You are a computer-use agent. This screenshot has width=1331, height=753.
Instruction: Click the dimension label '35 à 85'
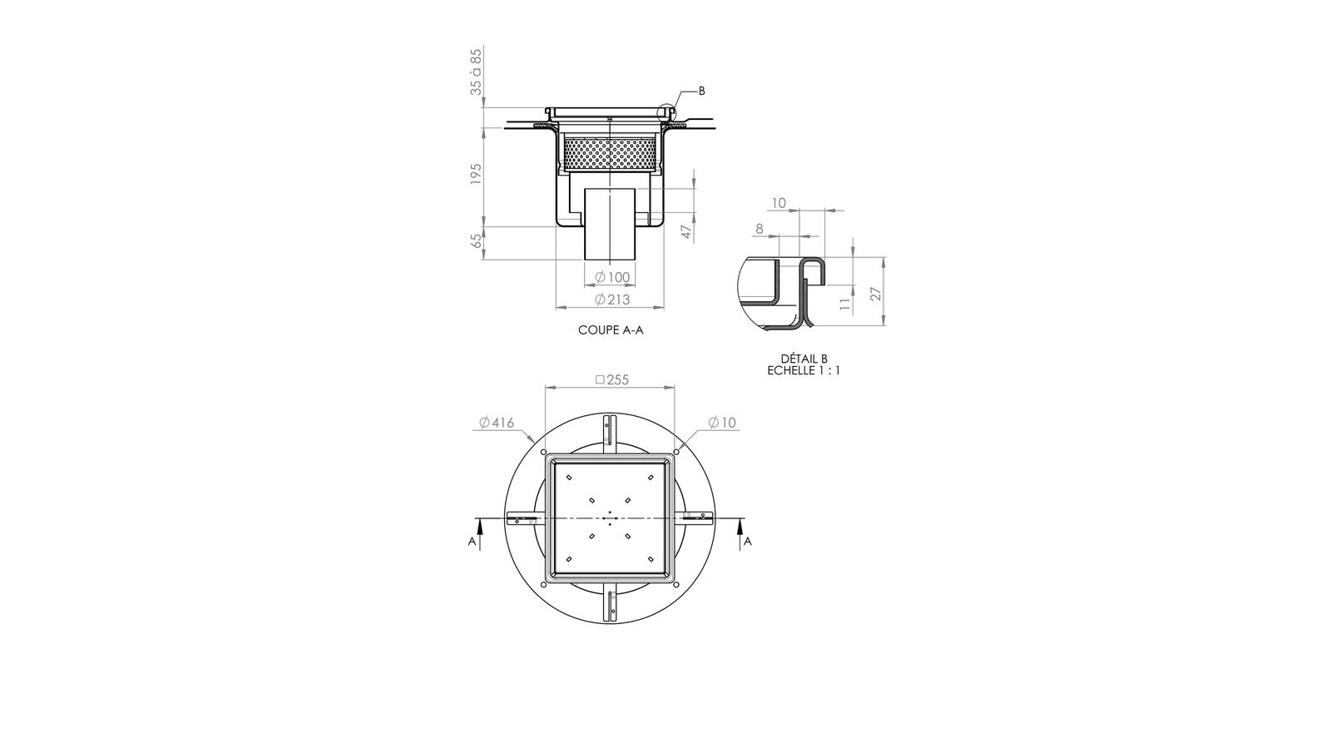pyautogui.click(x=476, y=72)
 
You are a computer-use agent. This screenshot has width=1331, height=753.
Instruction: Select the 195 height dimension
pyautogui.click(x=476, y=174)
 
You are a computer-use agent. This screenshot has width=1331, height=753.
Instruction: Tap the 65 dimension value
pyautogui.click(x=476, y=240)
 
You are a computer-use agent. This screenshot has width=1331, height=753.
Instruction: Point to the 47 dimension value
pyautogui.click(x=687, y=231)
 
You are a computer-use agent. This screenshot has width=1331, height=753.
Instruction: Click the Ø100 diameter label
pyautogui.click(x=612, y=277)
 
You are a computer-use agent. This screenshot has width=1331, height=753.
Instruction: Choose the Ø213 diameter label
pyautogui.click(x=612, y=300)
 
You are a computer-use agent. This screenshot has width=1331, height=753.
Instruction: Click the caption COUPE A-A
pyautogui.click(x=611, y=330)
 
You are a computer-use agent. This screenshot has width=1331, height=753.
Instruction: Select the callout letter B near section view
pyautogui.click(x=701, y=91)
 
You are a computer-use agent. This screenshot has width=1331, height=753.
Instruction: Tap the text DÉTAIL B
pyautogui.click(x=804, y=359)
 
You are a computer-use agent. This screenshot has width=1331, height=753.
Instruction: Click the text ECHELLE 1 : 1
pyautogui.click(x=804, y=370)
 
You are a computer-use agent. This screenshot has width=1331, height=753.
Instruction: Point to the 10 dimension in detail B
pyautogui.click(x=779, y=203)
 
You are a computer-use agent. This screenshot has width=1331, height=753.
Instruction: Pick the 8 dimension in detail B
pyautogui.click(x=759, y=228)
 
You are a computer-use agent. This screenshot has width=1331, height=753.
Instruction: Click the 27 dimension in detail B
pyautogui.click(x=873, y=293)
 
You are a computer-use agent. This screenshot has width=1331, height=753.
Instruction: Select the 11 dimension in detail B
pyautogui.click(x=845, y=304)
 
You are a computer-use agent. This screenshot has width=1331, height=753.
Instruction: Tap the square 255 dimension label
pyautogui.click(x=612, y=379)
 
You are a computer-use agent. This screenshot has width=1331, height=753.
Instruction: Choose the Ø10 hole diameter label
pyautogui.click(x=722, y=423)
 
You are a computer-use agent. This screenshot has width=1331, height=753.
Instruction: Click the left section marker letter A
pyautogui.click(x=472, y=542)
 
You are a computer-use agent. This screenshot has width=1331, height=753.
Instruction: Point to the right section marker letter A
pyautogui.click(x=747, y=542)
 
